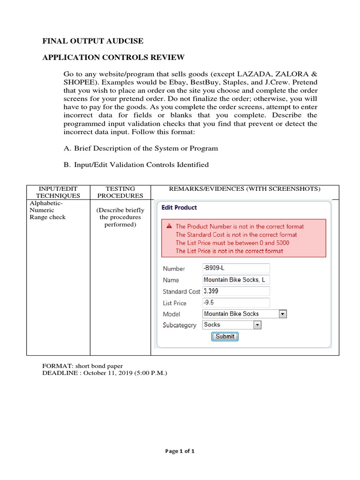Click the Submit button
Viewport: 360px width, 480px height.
pos(225,337)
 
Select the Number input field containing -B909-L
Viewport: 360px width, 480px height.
pos(236,268)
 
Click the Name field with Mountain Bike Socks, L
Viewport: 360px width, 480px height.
pos(236,280)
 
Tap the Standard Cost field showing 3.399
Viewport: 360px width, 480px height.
pos(236,291)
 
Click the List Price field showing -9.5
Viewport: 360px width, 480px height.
pos(236,303)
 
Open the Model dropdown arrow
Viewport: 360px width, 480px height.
pos(283,314)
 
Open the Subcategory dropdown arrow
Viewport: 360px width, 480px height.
pos(257,325)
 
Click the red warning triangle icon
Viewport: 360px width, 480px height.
pos(169,226)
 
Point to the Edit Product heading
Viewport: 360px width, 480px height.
pos(179,208)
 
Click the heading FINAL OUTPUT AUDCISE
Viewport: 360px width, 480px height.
pos(93,41)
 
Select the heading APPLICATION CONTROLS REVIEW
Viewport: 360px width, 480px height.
pos(113,58)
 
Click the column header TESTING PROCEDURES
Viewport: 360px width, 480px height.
pos(120,192)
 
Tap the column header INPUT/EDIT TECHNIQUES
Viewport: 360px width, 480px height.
pos(58,192)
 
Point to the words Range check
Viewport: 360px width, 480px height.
pos(48,217)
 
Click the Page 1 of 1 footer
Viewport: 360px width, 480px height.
pos(180,451)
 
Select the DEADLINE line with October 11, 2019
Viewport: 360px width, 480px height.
pos(105,373)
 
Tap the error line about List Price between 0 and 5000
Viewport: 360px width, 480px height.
pos(232,243)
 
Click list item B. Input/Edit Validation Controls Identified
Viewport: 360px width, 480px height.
pos(136,165)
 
